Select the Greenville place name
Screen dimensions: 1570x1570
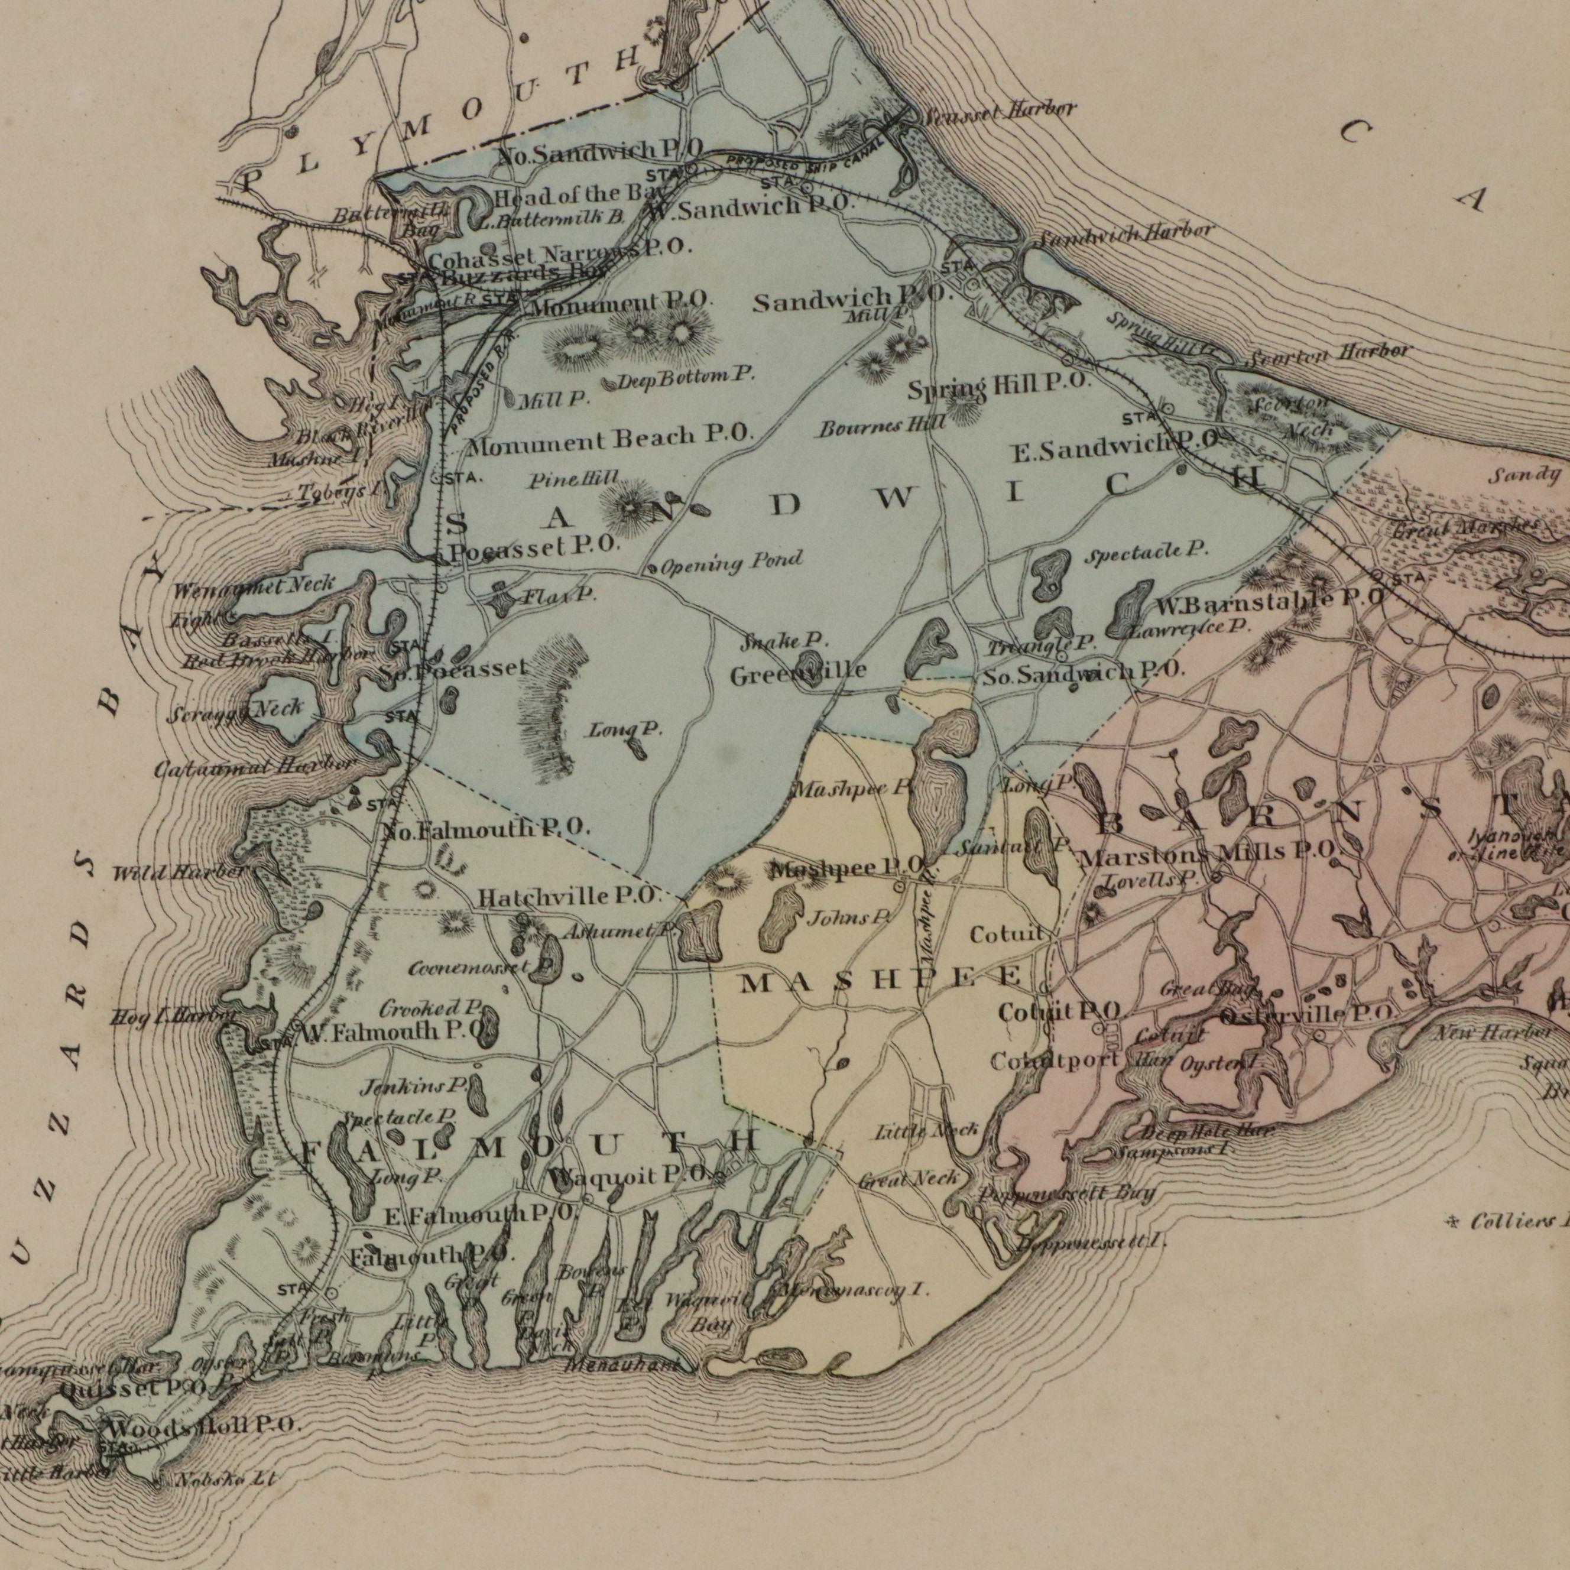pyautogui.click(x=798, y=673)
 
